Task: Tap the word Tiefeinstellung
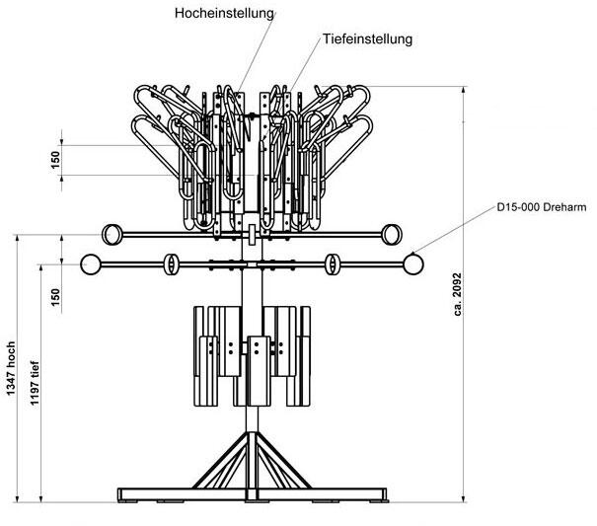367,40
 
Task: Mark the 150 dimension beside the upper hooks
56,160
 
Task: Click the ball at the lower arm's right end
412,264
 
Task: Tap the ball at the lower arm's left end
91,264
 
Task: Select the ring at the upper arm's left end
113,234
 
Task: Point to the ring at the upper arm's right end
391,234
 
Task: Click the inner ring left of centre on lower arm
170,264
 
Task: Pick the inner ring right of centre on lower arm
334,264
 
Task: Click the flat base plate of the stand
252,492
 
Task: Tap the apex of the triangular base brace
252,431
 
